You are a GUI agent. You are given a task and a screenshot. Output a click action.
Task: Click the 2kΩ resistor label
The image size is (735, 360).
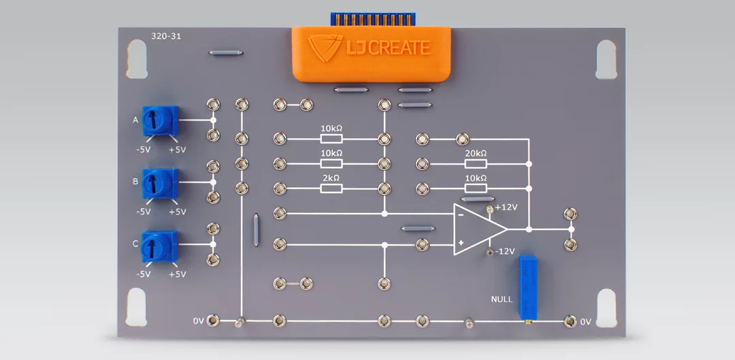click(x=331, y=178)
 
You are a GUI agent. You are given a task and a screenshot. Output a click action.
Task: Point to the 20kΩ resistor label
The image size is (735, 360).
click(x=476, y=153)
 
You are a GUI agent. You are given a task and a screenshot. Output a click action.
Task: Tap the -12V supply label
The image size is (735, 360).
click(x=505, y=251)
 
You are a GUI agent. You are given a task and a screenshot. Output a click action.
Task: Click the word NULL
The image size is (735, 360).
click(x=502, y=299)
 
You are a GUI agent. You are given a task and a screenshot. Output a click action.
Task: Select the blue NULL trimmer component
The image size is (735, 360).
click(x=526, y=287)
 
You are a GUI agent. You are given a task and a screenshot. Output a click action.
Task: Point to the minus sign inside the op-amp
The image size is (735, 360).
click(x=461, y=214)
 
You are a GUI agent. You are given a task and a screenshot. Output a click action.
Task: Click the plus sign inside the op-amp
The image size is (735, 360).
click(x=461, y=242)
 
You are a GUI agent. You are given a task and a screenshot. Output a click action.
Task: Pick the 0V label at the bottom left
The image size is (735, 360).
click(x=198, y=320)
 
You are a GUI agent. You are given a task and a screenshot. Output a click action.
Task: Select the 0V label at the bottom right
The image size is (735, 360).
click(x=586, y=321)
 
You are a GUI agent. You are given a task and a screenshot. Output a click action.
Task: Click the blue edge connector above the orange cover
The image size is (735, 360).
click(x=370, y=18)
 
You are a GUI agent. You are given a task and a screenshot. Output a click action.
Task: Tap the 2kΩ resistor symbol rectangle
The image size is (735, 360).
click(x=331, y=187)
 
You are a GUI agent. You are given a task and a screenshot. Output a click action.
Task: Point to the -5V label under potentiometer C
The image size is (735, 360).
click(x=143, y=274)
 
